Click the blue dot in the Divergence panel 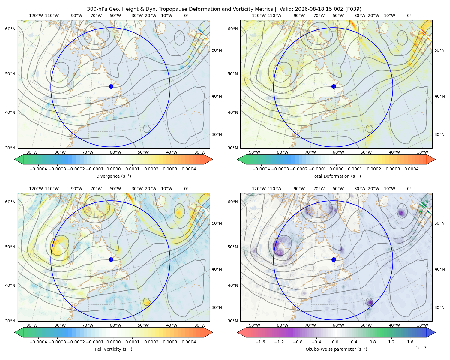(111, 87)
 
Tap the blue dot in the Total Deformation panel (334, 87)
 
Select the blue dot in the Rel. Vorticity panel (111, 259)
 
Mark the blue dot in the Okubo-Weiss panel (334, 259)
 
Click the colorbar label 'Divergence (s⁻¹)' (113, 176)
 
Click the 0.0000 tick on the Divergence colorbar (113, 169)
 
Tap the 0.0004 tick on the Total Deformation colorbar (411, 169)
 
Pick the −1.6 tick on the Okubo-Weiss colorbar (260, 342)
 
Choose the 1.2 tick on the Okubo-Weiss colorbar (391, 342)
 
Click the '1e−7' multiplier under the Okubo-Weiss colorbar (421, 348)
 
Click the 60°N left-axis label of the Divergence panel (10, 29)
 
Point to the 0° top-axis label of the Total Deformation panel (409, 16)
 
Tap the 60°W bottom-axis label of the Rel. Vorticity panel (115, 325)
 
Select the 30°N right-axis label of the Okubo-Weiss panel (439, 307)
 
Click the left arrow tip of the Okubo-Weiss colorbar (238, 332)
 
